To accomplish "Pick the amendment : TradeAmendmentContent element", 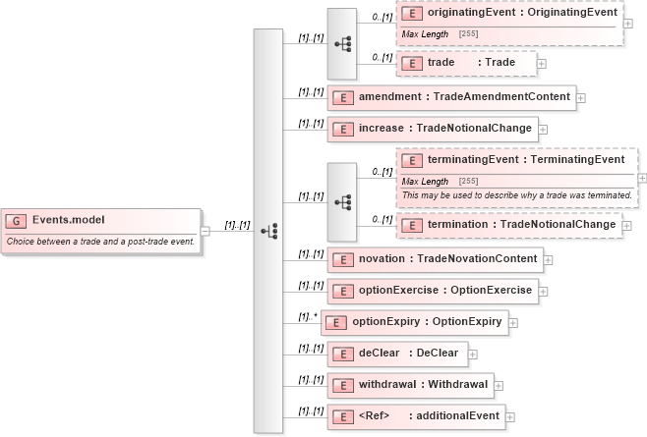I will pyautogui.click(x=451, y=97).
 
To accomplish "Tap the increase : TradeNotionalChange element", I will pyautogui.click(x=433, y=128).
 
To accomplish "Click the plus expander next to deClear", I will pyautogui.click(x=473, y=354).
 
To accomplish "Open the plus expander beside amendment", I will pyautogui.click(x=581, y=98).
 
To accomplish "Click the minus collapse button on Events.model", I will pyautogui.click(x=205, y=232).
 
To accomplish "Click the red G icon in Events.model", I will pyautogui.click(x=17, y=221).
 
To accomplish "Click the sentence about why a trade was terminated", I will pyautogui.click(x=516, y=194).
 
